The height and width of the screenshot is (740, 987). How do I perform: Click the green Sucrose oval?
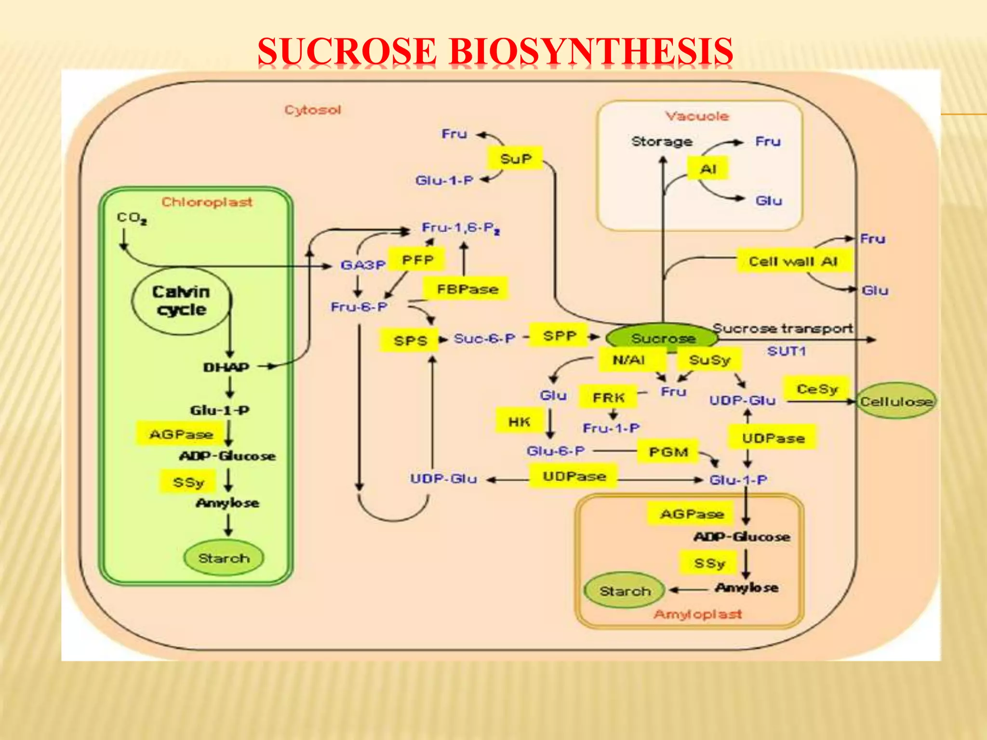[x=663, y=338]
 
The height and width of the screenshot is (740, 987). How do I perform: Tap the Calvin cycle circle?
[x=181, y=301]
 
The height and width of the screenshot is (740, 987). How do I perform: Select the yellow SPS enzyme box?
[x=410, y=341]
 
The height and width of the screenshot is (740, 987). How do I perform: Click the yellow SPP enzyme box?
[x=559, y=336]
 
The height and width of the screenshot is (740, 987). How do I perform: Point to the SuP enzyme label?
[x=515, y=159]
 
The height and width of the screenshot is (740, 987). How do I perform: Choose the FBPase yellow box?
[x=467, y=289]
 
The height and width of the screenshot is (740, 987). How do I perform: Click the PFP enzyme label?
[x=417, y=260]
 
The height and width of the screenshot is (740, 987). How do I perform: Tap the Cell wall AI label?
[x=793, y=261]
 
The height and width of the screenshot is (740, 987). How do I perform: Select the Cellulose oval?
[x=896, y=401]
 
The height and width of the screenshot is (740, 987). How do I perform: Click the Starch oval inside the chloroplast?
[x=224, y=558]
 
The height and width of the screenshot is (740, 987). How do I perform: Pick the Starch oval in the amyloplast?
[x=625, y=591]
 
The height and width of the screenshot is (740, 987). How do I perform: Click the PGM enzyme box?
[x=668, y=452]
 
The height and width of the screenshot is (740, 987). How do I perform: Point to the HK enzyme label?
[x=519, y=422]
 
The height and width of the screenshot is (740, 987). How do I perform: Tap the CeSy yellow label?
[x=817, y=389]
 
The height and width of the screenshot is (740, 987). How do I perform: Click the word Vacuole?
[x=697, y=116]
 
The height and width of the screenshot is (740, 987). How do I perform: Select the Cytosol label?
[x=313, y=110]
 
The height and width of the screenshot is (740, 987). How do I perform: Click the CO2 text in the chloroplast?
[x=131, y=218]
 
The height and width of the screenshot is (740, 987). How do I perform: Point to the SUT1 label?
[x=787, y=351]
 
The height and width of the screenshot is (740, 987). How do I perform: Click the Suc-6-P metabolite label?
[x=484, y=339]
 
